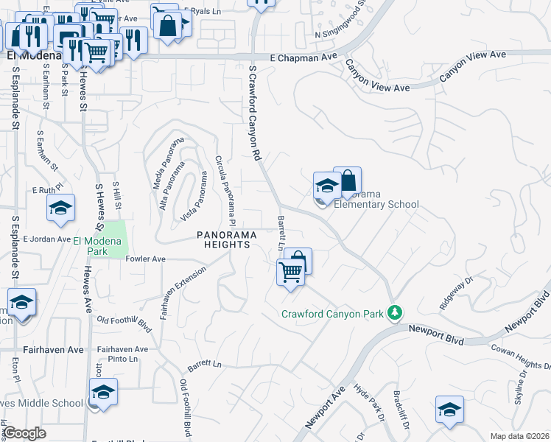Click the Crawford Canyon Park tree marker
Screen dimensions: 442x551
coord(396,313)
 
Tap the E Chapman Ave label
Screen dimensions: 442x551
coord(303,57)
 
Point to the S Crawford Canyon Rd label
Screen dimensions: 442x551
coord(255,113)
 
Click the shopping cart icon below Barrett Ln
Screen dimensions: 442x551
coord(291,273)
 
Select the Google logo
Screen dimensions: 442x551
coord(24,433)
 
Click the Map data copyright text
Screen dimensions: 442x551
coord(519,436)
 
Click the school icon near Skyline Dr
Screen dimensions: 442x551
coord(449,411)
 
